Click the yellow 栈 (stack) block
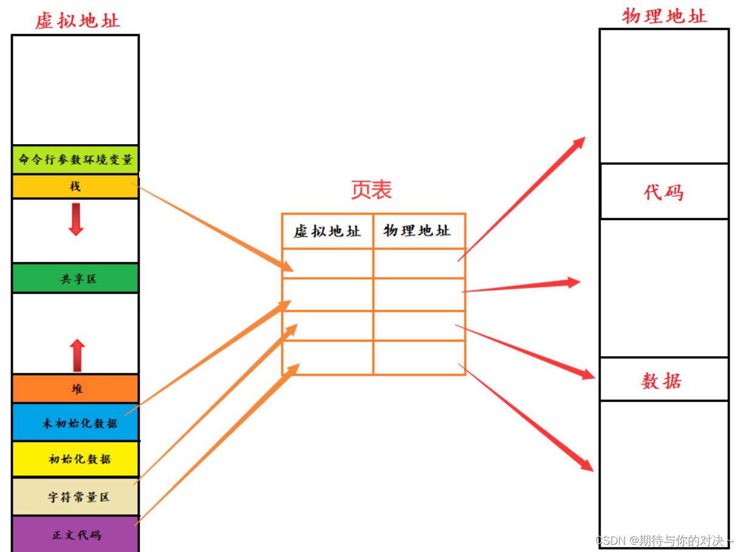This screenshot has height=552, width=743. [x=75, y=187]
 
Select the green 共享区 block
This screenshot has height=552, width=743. [x=75, y=278]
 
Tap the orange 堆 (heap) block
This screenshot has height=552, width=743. [x=75, y=388]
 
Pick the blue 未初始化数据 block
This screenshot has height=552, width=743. [x=75, y=422]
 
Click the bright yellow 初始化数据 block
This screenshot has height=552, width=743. [x=75, y=459]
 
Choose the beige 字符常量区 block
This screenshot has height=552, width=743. [x=75, y=497]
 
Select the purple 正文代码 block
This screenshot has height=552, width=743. [x=75, y=534]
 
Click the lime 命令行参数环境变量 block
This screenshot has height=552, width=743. [x=75, y=160]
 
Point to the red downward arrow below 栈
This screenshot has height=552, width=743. [x=76, y=219]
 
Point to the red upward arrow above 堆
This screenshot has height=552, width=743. [x=77, y=356]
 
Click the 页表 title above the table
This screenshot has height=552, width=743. [x=371, y=190]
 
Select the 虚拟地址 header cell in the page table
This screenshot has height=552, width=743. [x=327, y=231]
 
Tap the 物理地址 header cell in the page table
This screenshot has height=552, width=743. [x=419, y=231]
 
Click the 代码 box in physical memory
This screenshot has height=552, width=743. [x=664, y=191]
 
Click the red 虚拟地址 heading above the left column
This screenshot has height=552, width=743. [x=77, y=20]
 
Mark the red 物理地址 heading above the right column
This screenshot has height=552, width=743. [x=664, y=16]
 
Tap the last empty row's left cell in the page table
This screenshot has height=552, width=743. [x=327, y=357]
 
